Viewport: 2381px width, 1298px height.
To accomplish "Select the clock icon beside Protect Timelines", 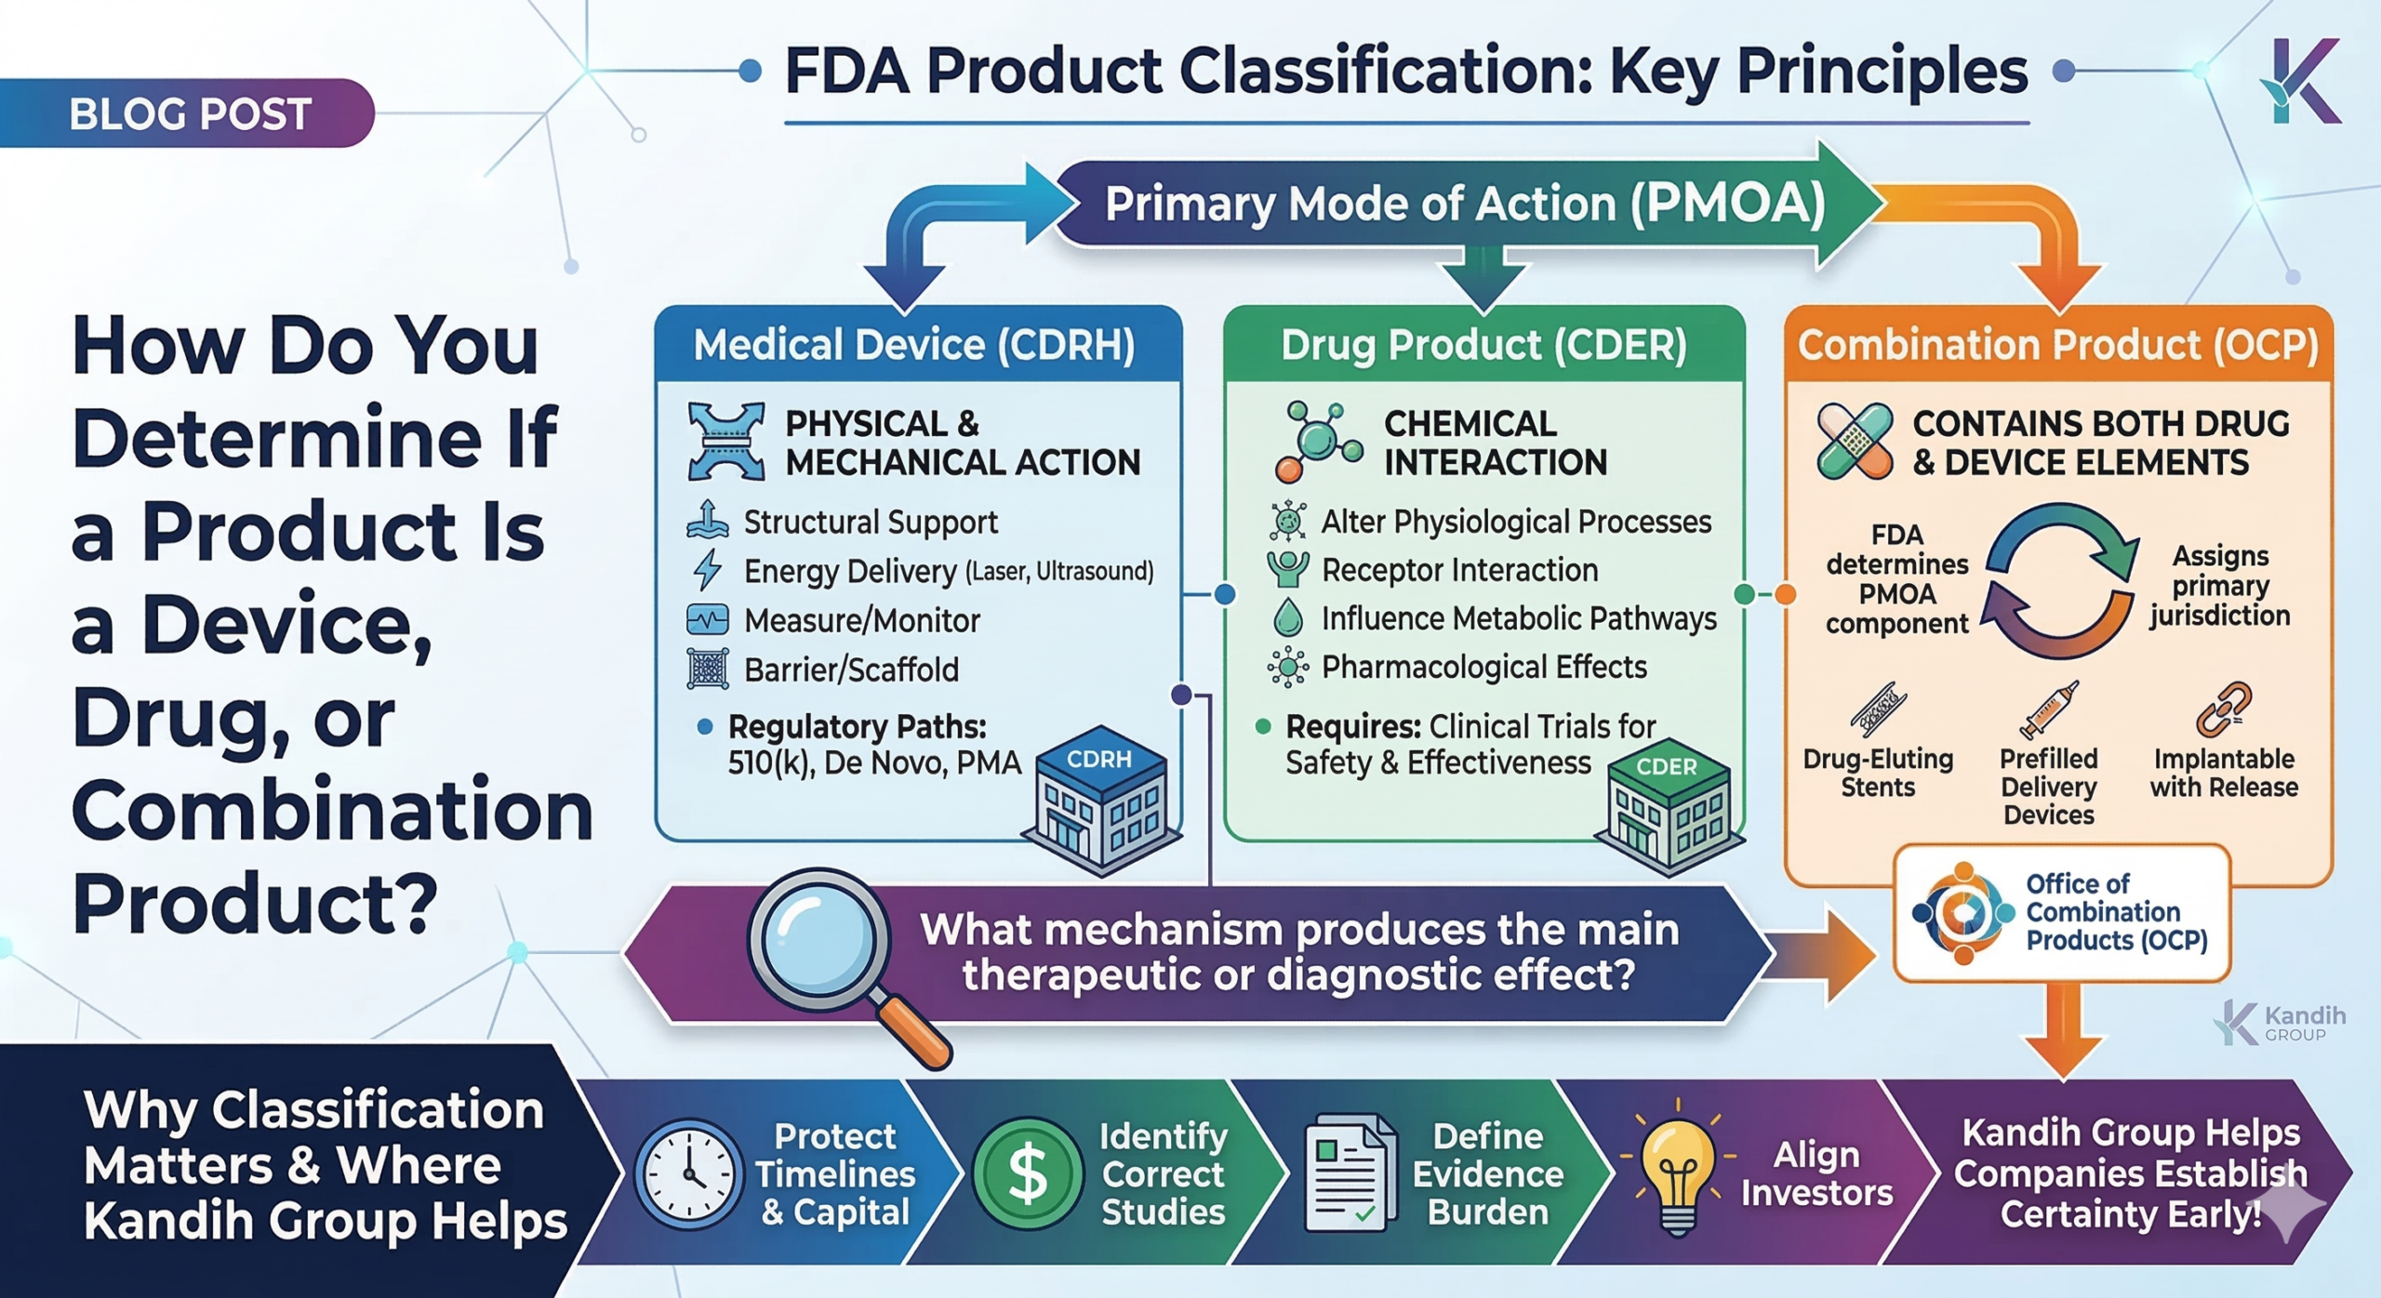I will [x=688, y=1174].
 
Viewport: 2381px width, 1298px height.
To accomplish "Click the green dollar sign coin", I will [x=1028, y=1173].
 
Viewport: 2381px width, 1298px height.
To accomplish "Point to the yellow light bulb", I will [x=1677, y=1172].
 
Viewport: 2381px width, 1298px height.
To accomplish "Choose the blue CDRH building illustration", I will [x=1102, y=800].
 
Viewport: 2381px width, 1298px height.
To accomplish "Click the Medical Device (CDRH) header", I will [x=914, y=345].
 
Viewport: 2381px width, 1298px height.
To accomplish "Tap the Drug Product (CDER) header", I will [x=1483, y=345].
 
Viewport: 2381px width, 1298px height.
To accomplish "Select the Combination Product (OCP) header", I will [x=2057, y=345].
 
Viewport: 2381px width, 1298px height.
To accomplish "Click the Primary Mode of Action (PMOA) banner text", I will [x=1465, y=204].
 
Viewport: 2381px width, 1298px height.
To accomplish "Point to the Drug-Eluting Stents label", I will [x=1878, y=773].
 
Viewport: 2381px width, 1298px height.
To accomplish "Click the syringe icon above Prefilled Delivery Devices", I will [x=2048, y=709].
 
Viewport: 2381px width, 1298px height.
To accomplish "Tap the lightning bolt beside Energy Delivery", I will [x=708, y=570].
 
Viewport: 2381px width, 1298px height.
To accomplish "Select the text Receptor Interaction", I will [x=1459, y=570].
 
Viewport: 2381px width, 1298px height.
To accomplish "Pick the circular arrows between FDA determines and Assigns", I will [x=2059, y=582].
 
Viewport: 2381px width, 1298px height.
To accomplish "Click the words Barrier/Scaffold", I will [x=851, y=669].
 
